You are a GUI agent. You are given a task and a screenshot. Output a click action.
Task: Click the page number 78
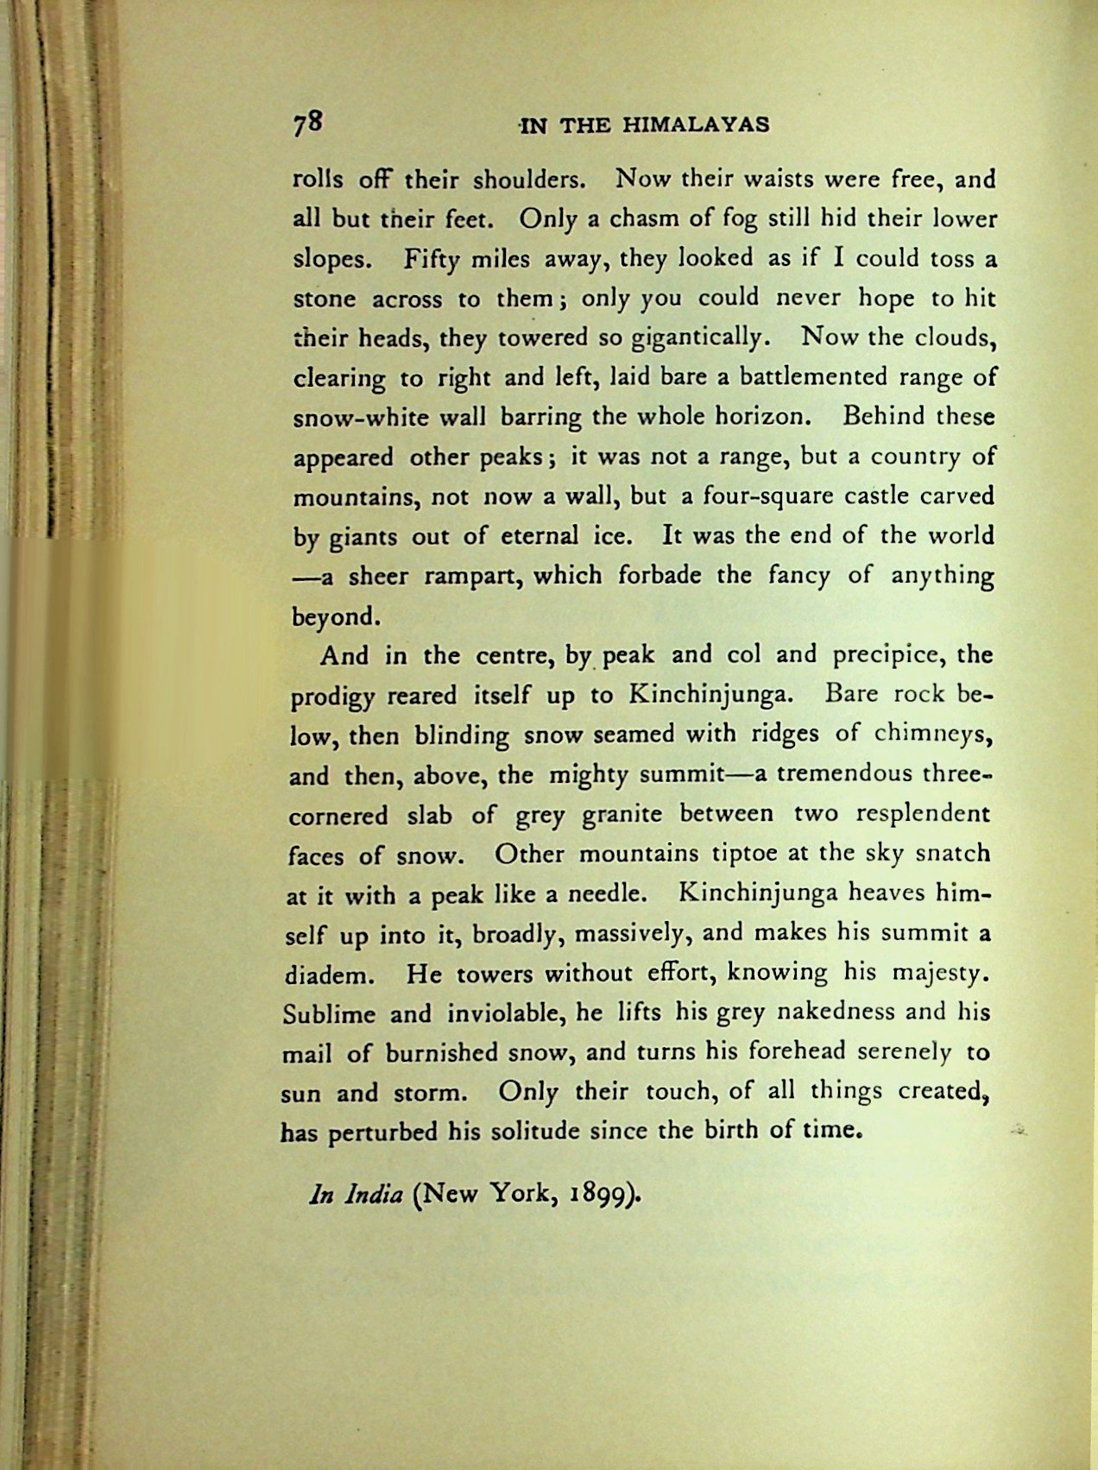[x=306, y=123]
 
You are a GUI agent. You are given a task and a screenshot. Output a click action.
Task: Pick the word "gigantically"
[x=697, y=338]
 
